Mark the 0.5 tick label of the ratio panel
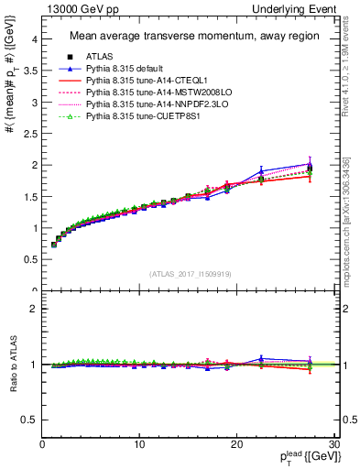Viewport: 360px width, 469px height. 29,420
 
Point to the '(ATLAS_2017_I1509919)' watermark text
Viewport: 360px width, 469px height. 189,273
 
